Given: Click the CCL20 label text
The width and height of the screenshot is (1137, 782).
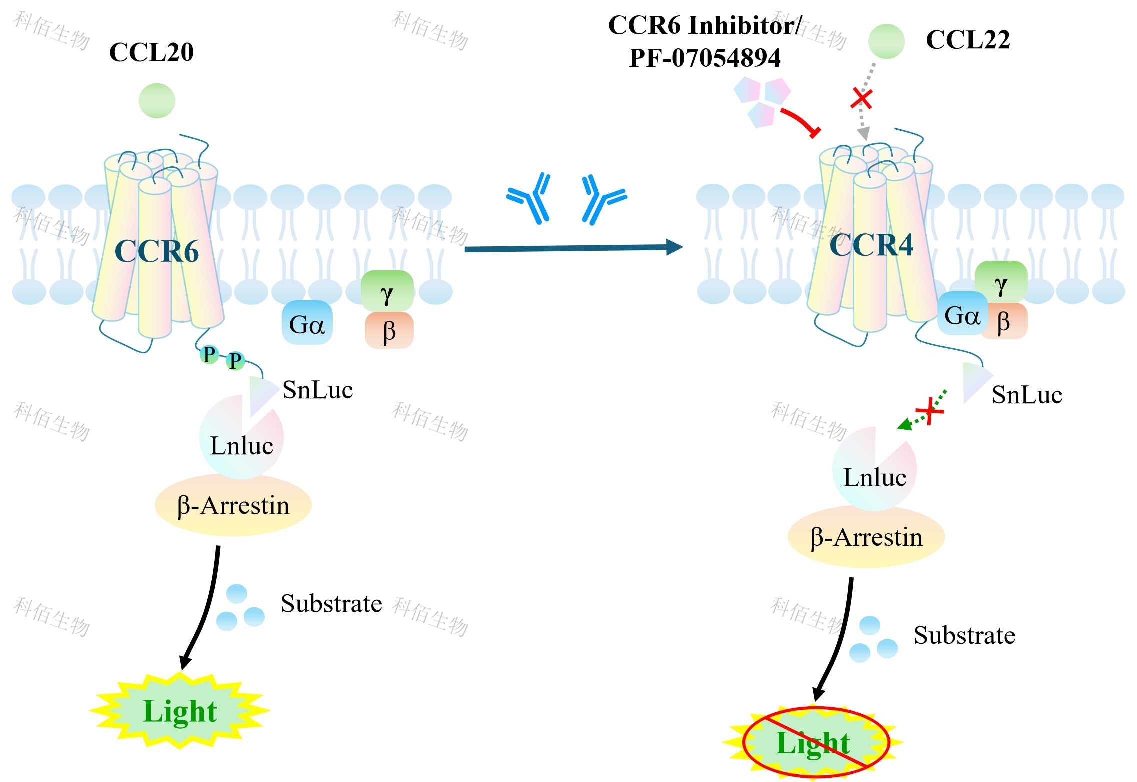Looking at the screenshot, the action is point(151,52).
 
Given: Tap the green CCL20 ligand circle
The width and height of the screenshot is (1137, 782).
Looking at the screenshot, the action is point(157,101).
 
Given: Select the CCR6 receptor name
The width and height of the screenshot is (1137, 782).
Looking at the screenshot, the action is point(157,251).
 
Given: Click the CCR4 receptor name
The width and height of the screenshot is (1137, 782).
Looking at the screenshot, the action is point(871,245).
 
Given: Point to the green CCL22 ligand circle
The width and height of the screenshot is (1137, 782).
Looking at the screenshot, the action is point(886,41).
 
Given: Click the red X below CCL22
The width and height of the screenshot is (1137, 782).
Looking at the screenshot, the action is point(862,99).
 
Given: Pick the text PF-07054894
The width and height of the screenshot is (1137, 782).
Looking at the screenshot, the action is point(705,58).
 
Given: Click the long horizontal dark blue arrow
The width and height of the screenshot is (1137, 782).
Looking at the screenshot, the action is point(574,247).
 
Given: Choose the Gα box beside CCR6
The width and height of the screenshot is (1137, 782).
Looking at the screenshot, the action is point(307,323).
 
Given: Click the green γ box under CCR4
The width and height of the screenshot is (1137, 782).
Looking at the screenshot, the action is point(1001,282).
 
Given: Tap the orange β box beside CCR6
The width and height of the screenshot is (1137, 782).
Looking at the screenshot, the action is point(389,330).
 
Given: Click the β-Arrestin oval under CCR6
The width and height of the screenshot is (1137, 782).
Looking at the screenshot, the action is point(233,505).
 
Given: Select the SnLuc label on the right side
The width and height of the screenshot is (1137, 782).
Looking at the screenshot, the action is point(1027,395).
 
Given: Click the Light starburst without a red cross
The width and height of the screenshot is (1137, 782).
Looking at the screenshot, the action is point(180,710).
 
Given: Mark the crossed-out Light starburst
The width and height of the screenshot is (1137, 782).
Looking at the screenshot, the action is point(813,742).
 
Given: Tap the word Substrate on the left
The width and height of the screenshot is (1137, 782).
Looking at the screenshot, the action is point(331,603).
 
